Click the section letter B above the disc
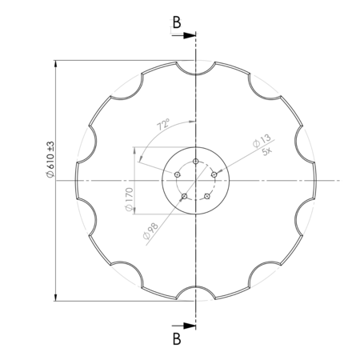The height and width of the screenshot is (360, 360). (177, 22)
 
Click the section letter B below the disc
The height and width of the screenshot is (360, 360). (177, 339)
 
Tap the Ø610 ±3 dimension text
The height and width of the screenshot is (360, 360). (50, 159)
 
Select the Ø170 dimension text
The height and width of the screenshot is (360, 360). (130, 199)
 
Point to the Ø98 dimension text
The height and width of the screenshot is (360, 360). (150, 231)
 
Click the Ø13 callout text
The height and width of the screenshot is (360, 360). (262, 141)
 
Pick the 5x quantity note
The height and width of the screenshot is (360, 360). (266, 152)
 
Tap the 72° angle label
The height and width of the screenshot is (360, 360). (163, 125)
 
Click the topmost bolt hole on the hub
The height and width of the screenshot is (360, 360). (196, 161)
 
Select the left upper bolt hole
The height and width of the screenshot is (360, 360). (178, 174)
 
